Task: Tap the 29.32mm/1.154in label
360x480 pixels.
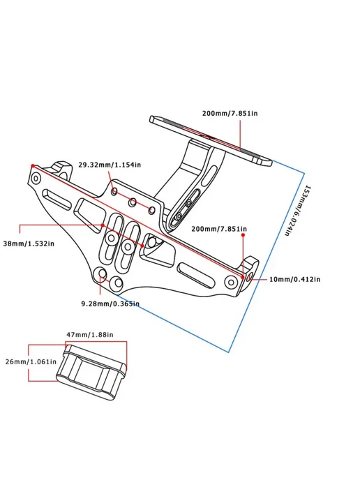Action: click(110, 165)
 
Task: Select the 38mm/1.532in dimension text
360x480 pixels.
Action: click(29, 244)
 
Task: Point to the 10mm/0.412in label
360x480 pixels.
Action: click(295, 279)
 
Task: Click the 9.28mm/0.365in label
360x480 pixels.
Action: click(110, 303)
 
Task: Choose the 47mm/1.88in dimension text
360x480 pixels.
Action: click(90, 335)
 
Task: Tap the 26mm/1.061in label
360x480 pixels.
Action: click(31, 361)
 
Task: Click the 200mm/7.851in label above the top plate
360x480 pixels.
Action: click(230, 113)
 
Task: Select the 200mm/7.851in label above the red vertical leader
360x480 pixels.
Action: click(219, 229)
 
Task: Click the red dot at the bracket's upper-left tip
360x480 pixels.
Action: click(33, 166)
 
